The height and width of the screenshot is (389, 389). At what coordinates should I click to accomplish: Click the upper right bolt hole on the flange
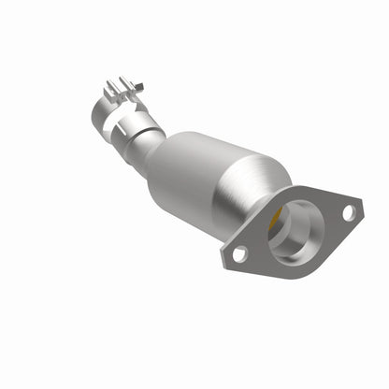tap(348, 212)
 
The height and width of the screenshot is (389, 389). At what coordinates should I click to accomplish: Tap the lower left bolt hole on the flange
tap(238, 252)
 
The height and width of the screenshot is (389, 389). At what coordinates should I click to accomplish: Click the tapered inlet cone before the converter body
tap(159, 150)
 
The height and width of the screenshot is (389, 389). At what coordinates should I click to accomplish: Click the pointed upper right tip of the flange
tap(360, 205)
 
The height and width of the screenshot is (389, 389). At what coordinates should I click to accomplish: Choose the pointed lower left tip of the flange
tap(225, 257)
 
